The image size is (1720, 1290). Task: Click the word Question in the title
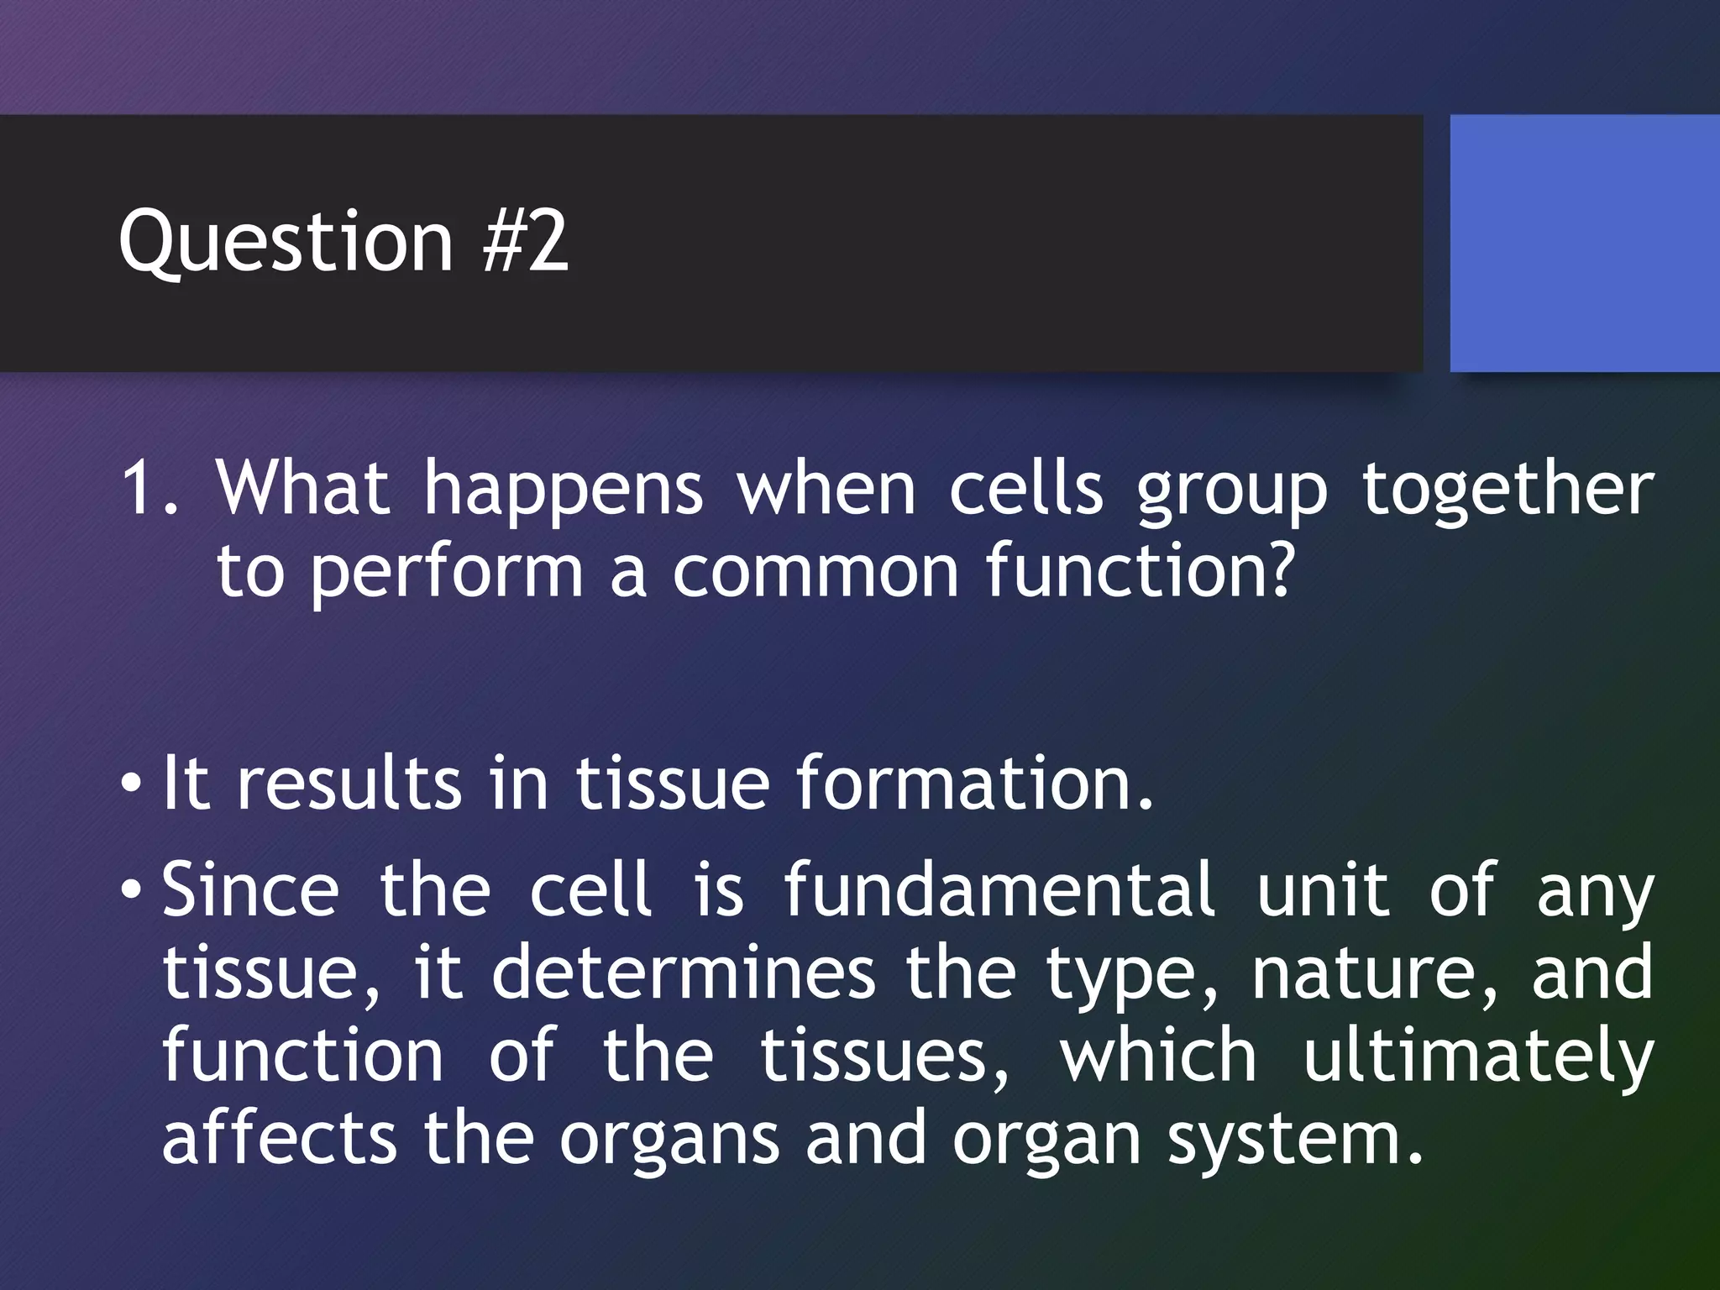(286, 244)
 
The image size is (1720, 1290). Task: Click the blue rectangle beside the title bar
(1584, 244)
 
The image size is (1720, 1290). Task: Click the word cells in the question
(1026, 489)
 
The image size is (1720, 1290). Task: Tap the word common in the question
(815, 571)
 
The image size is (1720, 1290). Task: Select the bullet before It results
(130, 786)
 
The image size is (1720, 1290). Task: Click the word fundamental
(999, 889)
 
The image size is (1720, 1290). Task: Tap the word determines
(683, 973)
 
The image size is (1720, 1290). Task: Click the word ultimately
(1478, 1055)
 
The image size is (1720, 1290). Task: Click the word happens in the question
(563, 490)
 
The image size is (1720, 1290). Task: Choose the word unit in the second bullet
(1323, 889)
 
